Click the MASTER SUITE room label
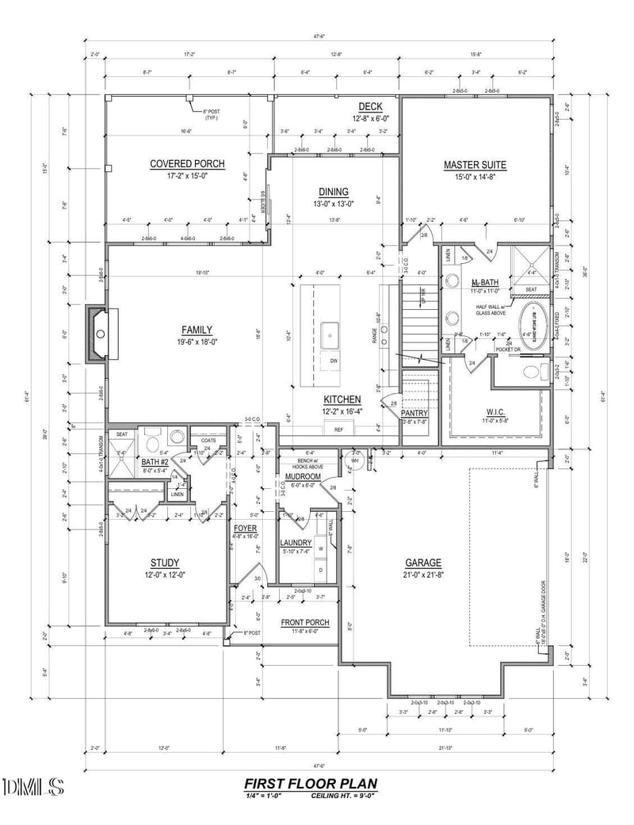coord(475,165)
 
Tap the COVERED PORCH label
coord(187,164)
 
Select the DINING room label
coord(334,192)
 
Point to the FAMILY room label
coord(197,330)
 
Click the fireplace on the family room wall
coord(97,334)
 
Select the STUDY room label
coord(164,563)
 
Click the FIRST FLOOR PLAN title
coord(311,784)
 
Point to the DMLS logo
coord(33,786)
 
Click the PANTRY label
coord(414,413)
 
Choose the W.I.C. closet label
coord(496,412)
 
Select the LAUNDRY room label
coord(296,543)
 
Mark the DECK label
coord(370,107)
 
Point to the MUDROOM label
coord(302,477)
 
